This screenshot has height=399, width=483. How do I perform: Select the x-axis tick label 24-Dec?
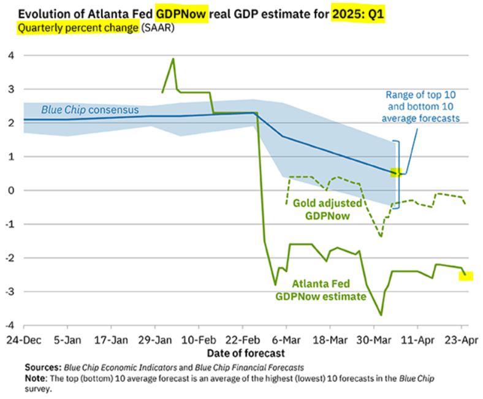click(x=23, y=339)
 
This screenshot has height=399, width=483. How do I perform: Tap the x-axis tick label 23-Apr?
click(x=462, y=339)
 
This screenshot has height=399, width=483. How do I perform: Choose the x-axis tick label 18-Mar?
click(x=330, y=339)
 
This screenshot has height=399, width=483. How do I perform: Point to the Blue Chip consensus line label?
click(x=89, y=110)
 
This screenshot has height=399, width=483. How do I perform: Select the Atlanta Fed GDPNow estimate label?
click(x=321, y=290)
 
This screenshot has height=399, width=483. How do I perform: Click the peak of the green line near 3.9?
click(x=173, y=59)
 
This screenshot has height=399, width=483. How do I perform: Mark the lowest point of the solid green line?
click(x=381, y=315)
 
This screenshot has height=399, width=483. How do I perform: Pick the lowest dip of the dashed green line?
click(x=381, y=237)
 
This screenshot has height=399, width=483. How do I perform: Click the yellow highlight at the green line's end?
click(x=465, y=276)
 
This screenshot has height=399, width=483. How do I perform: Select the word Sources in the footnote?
click(x=44, y=368)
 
